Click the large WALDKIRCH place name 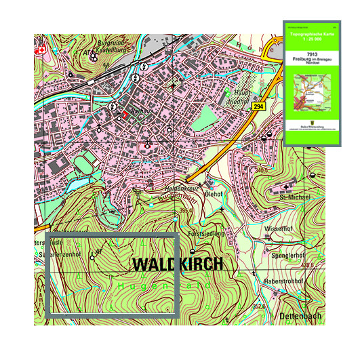click(x=177, y=264)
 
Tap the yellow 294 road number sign click(x=258, y=107)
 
